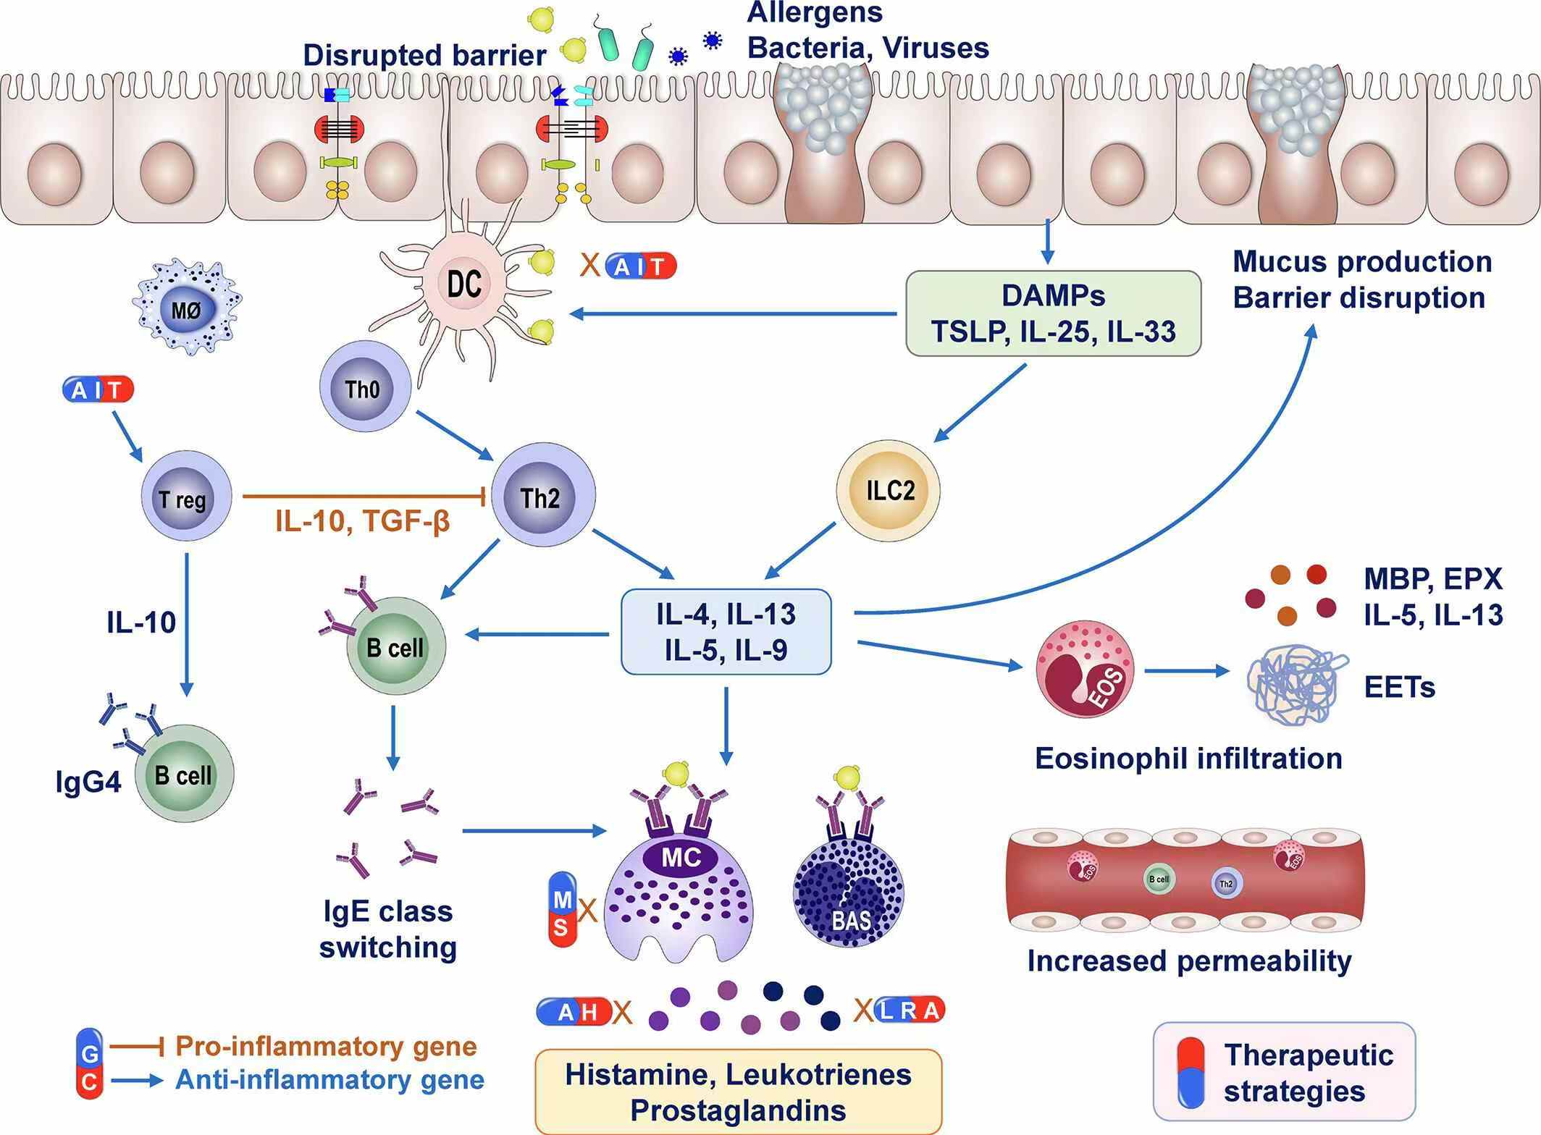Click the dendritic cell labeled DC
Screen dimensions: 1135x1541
(464, 284)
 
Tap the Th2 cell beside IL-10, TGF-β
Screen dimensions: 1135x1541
(542, 497)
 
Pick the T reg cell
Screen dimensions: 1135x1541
(185, 499)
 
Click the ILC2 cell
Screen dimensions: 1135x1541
(888, 491)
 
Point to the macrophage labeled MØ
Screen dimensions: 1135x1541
(187, 312)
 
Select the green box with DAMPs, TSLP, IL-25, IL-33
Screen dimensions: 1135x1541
(1053, 313)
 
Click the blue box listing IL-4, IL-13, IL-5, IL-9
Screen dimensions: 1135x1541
(726, 632)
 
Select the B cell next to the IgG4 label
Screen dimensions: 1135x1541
(185, 775)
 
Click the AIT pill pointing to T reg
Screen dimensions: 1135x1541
(98, 390)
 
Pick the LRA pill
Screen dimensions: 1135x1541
(910, 1010)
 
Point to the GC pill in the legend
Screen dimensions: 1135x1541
(90, 1064)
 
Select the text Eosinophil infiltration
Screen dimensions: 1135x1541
(1188, 759)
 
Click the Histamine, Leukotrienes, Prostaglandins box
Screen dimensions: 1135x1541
(738, 1091)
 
